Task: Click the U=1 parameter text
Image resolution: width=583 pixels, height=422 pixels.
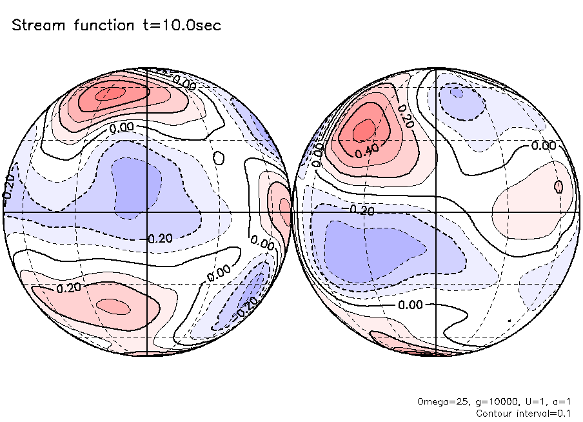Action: point(526,401)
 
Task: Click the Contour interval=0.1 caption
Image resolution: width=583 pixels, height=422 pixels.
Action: point(522,412)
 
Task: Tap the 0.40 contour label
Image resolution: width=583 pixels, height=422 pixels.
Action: point(366,150)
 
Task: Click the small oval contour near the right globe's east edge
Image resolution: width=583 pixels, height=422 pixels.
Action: point(558,186)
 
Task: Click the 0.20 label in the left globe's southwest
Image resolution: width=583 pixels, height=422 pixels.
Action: point(69,287)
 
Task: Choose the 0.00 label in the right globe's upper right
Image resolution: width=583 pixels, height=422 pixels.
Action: point(543,146)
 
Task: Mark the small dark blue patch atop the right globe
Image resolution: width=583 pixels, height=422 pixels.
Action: point(457,93)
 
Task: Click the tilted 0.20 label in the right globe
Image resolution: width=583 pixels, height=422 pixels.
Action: point(405,116)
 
